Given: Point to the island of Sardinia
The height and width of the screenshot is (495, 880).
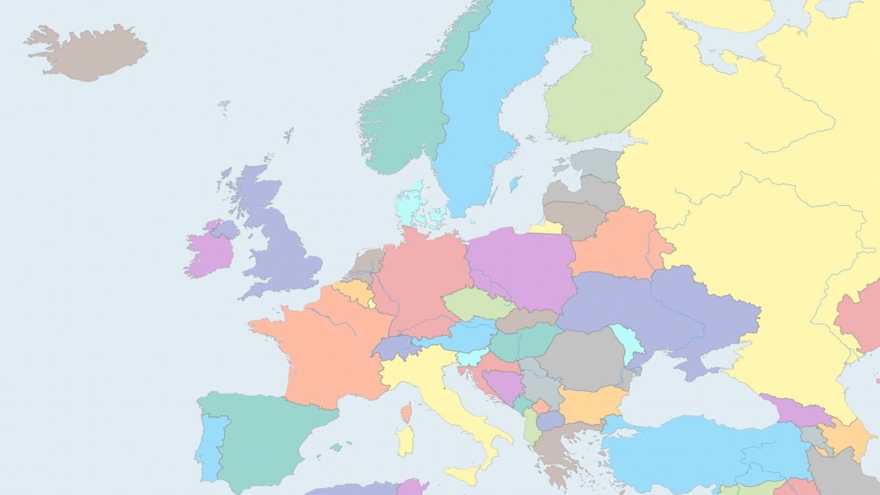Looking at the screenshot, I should coord(405,441).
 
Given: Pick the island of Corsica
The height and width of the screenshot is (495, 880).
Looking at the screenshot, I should coord(406,412).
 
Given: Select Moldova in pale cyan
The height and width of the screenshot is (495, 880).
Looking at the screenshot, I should coord(627,339).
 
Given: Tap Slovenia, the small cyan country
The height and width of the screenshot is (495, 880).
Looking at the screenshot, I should coord(473,357).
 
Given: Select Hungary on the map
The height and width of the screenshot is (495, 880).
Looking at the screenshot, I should coord(522,342).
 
